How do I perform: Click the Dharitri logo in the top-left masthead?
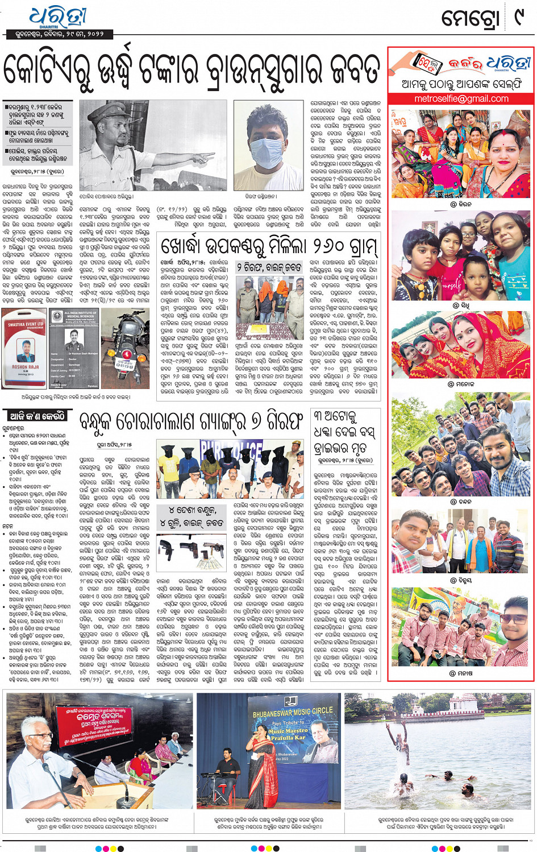(57, 17)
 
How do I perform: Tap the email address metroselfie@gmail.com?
(461, 98)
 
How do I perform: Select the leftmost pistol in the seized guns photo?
(169, 549)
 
